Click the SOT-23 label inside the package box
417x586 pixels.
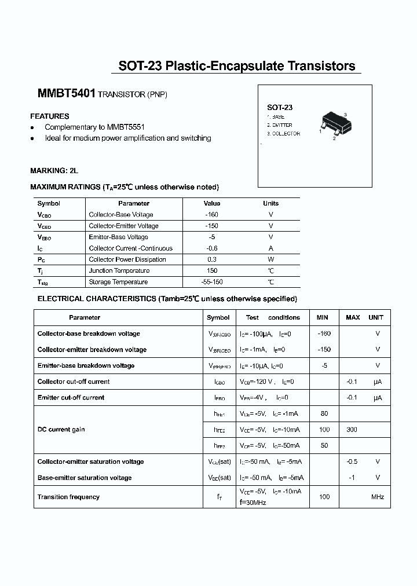click(279, 107)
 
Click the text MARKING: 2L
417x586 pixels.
click(54, 171)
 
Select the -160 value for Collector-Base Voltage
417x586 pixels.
click(212, 214)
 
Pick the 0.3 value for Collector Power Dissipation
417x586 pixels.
click(212, 259)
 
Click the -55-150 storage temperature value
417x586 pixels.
click(212, 282)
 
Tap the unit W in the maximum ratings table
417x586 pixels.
click(270, 259)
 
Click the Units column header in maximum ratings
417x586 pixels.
click(270, 203)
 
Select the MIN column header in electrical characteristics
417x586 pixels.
click(322, 317)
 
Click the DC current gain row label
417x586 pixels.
click(61, 430)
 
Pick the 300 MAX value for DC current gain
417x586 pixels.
click(352, 430)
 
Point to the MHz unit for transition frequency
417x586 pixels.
click(378, 497)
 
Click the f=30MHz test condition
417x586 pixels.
click(253, 503)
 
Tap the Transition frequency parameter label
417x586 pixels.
click(68, 497)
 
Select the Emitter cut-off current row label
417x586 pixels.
click(71, 398)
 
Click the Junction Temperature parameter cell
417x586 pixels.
click(119, 271)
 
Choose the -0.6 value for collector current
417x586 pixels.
click(212, 248)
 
